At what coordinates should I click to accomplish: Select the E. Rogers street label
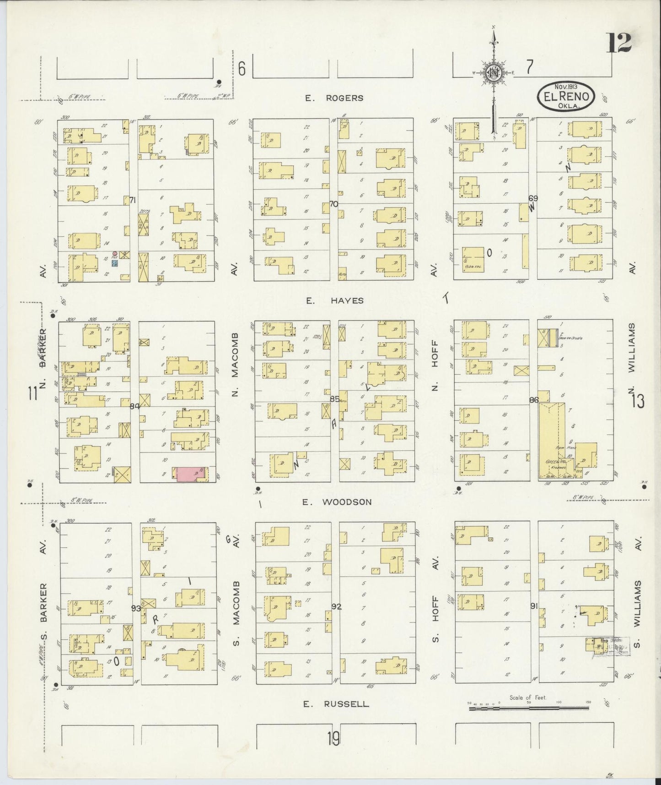pyautogui.click(x=335, y=98)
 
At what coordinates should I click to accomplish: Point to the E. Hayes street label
pyautogui.click(x=335, y=300)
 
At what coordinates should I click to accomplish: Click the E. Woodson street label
pyautogui.click(x=339, y=502)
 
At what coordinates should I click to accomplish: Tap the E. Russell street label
pyautogui.click(x=336, y=703)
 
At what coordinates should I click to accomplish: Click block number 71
pyautogui.click(x=133, y=200)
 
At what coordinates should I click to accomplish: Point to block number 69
pyautogui.click(x=533, y=198)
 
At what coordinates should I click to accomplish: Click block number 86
pyautogui.click(x=533, y=400)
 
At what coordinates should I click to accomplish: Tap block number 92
pyautogui.click(x=336, y=607)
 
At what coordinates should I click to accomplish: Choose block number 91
pyautogui.click(x=533, y=605)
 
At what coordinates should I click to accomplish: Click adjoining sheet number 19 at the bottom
pyautogui.click(x=333, y=738)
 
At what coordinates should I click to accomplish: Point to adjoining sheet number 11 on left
pyautogui.click(x=32, y=393)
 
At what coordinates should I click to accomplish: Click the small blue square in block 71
pyautogui.click(x=115, y=264)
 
